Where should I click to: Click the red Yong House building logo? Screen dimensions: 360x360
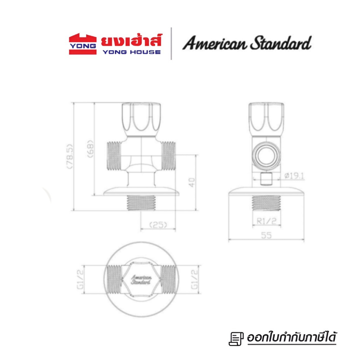83,44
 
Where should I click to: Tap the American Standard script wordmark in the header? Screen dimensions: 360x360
247,43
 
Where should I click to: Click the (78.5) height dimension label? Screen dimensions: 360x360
70,156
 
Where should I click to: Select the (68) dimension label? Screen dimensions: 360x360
90,149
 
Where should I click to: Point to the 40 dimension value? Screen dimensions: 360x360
192,182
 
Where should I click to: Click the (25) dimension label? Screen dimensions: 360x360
158,225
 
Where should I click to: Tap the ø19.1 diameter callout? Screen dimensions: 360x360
294,176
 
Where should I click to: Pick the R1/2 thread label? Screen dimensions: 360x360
266,221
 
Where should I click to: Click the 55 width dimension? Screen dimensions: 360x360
266,235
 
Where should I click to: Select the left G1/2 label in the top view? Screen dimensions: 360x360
80,279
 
